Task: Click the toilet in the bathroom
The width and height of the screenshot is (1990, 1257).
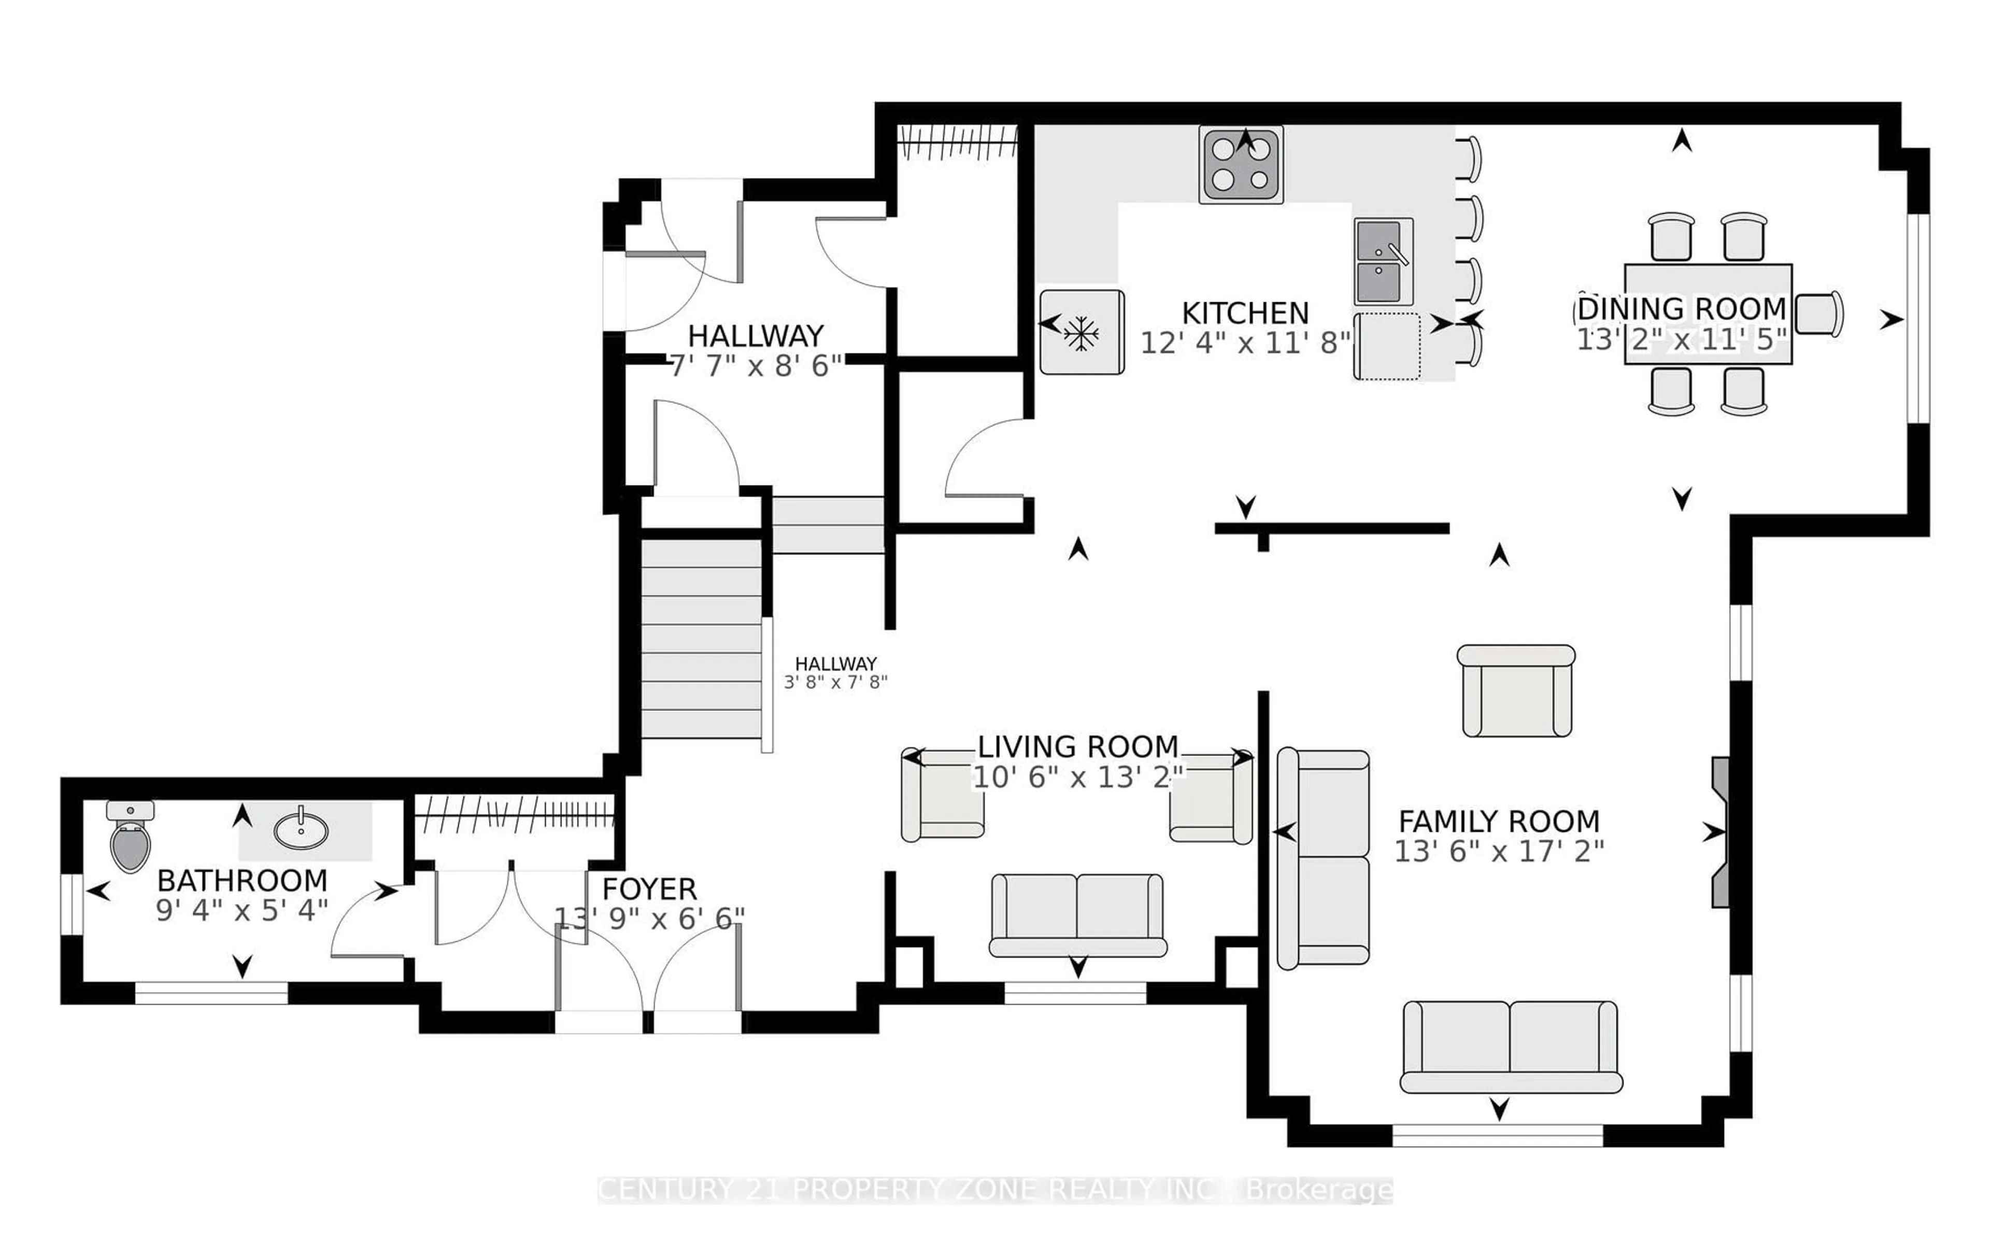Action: point(131,836)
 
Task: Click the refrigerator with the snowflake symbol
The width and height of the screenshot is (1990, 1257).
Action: point(1082,332)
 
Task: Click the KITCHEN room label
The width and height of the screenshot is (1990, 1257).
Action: point(1245,313)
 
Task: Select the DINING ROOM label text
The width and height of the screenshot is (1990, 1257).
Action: point(1682,308)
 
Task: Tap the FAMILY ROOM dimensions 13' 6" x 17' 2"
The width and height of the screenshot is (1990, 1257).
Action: point(1499,851)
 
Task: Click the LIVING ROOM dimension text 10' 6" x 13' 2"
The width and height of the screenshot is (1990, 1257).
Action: point(1077,777)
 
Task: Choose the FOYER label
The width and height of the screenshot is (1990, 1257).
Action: point(649,889)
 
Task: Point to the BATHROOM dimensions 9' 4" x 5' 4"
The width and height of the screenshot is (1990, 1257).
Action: point(242,910)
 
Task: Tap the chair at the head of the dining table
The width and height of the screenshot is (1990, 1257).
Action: point(1819,314)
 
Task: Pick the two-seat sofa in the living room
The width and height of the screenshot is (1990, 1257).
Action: point(1077,916)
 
